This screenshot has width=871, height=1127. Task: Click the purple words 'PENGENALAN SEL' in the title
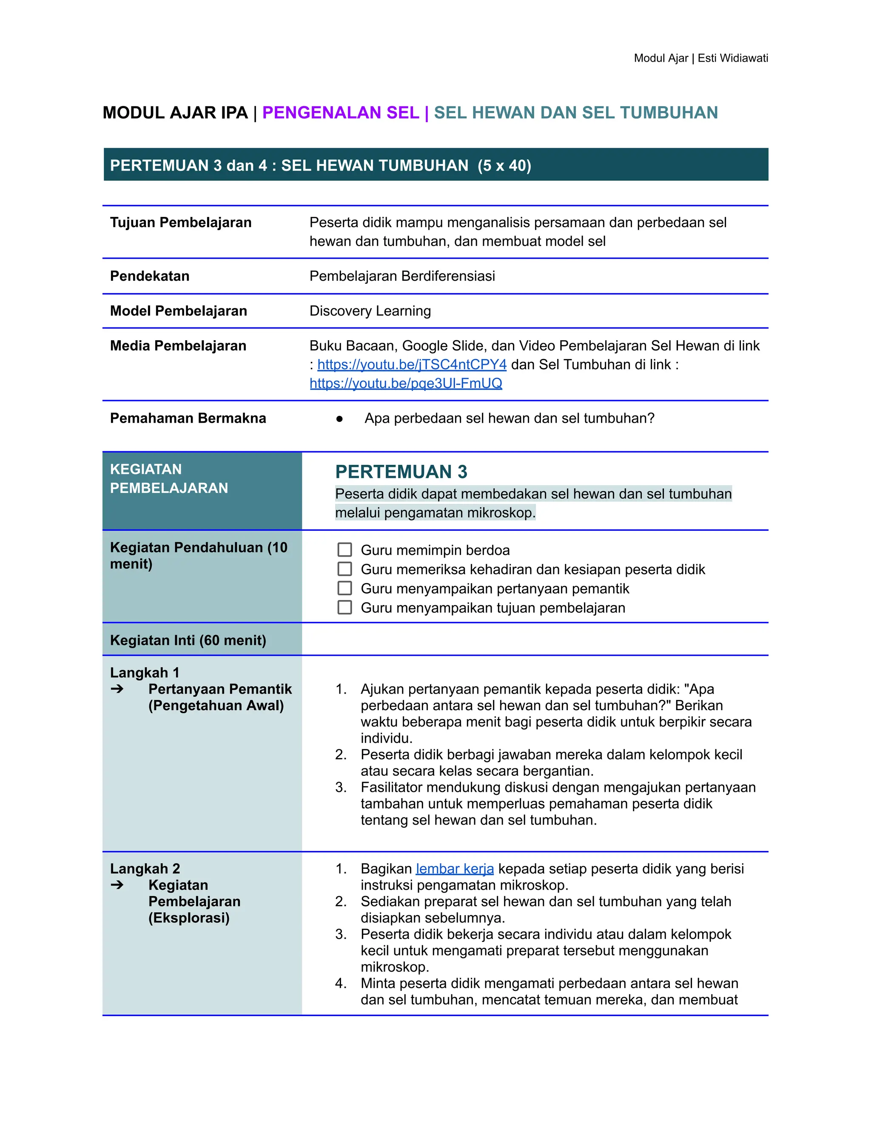click(x=341, y=113)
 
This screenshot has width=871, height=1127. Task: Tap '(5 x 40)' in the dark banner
click(x=504, y=165)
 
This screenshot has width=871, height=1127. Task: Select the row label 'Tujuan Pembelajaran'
click(x=181, y=222)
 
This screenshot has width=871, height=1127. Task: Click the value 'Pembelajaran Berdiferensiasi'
click(x=402, y=276)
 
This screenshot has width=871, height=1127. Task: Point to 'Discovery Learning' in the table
click(x=370, y=310)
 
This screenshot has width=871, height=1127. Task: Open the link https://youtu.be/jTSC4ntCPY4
click(x=412, y=364)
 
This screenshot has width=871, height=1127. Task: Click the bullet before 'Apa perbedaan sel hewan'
click(x=339, y=418)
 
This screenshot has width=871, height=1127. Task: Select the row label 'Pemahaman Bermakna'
click(x=188, y=418)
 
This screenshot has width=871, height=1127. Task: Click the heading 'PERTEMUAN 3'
click(x=401, y=472)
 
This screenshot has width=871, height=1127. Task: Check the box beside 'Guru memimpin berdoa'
click(x=344, y=549)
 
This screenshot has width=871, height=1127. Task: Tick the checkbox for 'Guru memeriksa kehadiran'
click(x=344, y=569)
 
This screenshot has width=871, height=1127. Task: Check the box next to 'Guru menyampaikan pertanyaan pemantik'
click(x=344, y=588)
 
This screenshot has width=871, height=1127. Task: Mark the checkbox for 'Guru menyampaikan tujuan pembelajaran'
click(x=344, y=607)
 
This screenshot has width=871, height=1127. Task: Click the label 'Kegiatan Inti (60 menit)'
click(x=188, y=640)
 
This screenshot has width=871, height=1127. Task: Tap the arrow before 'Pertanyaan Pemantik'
click(x=117, y=689)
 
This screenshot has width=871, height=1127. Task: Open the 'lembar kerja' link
click(x=455, y=869)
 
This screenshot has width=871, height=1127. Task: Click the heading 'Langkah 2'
click(x=145, y=869)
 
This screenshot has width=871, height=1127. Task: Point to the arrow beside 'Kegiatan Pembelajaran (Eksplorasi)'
click(x=117, y=885)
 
